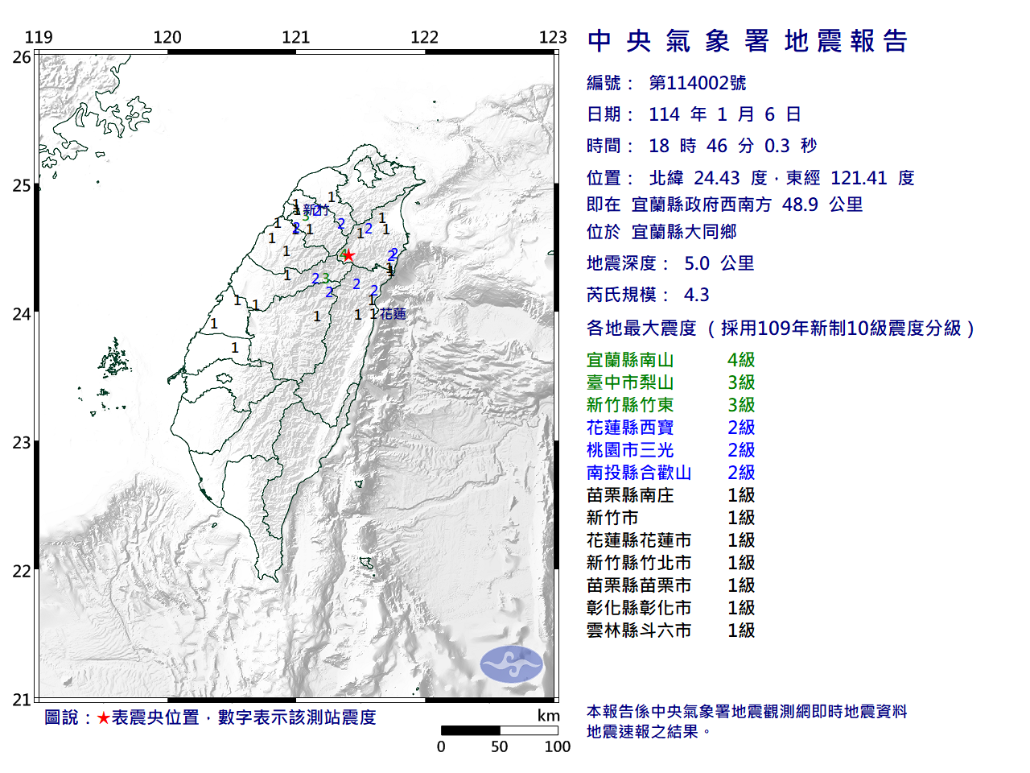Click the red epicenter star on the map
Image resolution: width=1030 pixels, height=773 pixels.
pos(348,256)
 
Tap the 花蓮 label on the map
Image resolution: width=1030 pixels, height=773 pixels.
pos(393,314)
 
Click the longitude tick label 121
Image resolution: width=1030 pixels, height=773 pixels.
pos(295,38)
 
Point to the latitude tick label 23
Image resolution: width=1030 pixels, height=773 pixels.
pos(22,443)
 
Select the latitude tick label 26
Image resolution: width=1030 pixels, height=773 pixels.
pos(22,57)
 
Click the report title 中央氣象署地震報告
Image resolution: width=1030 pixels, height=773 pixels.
pos(748,41)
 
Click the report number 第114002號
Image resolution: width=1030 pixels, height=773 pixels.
pos(697,83)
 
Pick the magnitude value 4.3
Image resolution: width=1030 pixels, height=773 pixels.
pos(696,295)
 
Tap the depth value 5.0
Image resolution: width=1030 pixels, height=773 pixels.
pos(697,263)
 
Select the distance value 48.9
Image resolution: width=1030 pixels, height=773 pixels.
pos(800,205)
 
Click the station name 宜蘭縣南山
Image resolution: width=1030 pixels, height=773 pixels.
pos(630,360)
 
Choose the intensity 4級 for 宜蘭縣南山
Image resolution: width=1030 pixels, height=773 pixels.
pos(741,360)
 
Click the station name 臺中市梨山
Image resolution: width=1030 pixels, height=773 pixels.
pos(630,382)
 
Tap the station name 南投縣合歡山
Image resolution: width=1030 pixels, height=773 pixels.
pos(639,473)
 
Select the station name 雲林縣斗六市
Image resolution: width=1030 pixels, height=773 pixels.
pos(639,630)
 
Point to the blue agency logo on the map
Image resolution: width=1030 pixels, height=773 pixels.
pos(512,664)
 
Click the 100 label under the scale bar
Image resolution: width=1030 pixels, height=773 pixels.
pos(557,747)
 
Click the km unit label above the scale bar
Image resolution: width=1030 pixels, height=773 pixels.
pos(548,716)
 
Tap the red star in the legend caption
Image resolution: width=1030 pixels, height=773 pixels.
pos(103,717)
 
